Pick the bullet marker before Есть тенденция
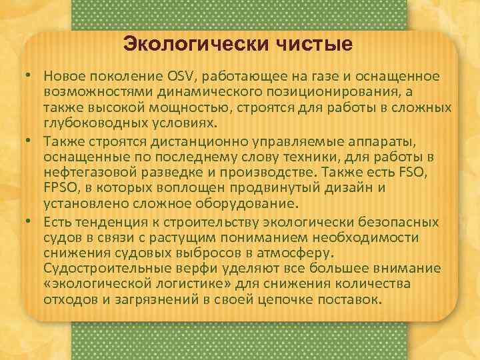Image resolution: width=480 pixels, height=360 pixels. (x=31, y=221)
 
